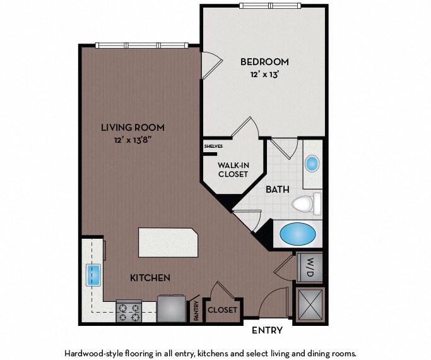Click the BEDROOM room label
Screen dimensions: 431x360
(264, 62)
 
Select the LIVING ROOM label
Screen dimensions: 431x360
(133, 128)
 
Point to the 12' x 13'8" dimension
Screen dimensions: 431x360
(133, 140)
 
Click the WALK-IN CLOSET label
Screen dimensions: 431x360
(233, 170)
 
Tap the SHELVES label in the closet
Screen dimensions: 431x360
(213, 147)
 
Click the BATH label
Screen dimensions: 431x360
(278, 189)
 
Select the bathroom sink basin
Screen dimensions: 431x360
(312, 164)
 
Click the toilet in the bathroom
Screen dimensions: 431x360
(307, 204)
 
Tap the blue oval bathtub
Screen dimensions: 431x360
(298, 234)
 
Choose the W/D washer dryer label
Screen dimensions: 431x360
(310, 267)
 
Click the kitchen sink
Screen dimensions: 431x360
(94, 275)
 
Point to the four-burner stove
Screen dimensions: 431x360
(129, 311)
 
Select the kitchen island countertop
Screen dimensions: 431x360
(168, 243)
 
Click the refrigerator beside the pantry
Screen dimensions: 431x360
(172, 308)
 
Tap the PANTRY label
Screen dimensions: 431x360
(196, 311)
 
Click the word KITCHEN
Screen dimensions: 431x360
(150, 278)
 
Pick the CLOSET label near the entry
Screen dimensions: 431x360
(222, 310)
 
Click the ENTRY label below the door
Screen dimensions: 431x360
(267, 330)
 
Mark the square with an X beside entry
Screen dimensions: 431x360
(310, 305)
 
